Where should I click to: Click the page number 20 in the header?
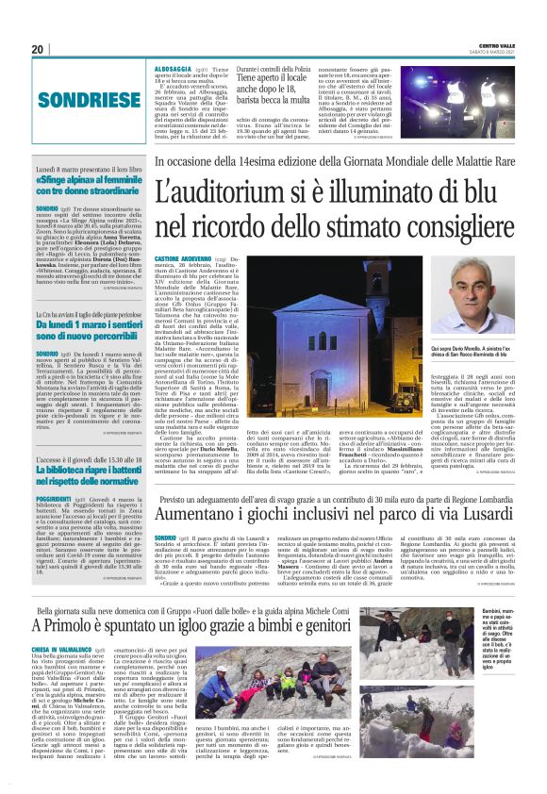tap(39, 49)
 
